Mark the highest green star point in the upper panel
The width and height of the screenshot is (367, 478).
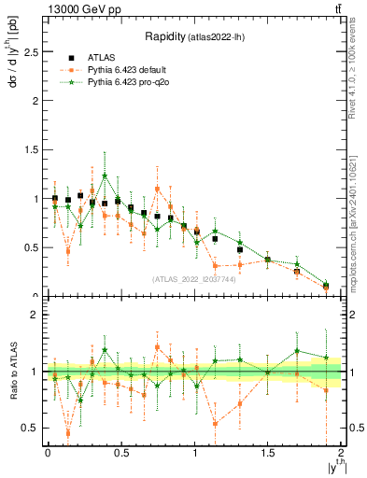105,176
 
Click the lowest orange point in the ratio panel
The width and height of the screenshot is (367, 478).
67,433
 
